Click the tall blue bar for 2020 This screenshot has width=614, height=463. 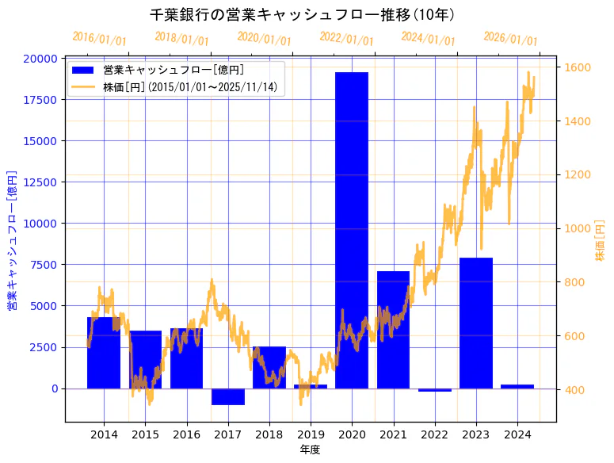point(352,230)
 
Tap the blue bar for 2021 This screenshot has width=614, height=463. point(393,329)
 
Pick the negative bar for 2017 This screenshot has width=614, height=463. point(228,396)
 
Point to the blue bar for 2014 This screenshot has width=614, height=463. point(104,352)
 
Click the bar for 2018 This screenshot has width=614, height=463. point(269,367)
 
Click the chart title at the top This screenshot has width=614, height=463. point(302,15)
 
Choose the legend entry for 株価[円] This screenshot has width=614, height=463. point(189,86)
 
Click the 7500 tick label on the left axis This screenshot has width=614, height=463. point(44,265)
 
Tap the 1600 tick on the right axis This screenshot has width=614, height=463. point(577,67)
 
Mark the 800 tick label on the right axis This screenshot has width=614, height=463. point(574,282)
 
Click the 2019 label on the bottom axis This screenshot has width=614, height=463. point(311,434)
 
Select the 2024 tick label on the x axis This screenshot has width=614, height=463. point(517,434)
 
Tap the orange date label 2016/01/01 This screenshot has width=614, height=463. point(99,38)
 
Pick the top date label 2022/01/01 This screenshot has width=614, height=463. point(346,38)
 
